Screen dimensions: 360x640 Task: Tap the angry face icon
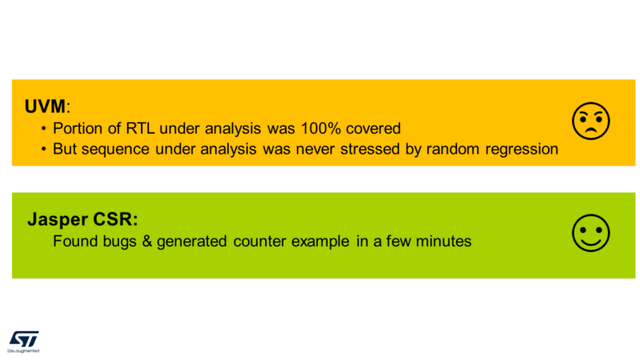591,121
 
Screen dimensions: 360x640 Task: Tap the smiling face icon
591,234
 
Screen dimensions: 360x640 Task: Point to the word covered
374,128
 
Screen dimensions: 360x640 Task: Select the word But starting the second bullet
65,150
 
